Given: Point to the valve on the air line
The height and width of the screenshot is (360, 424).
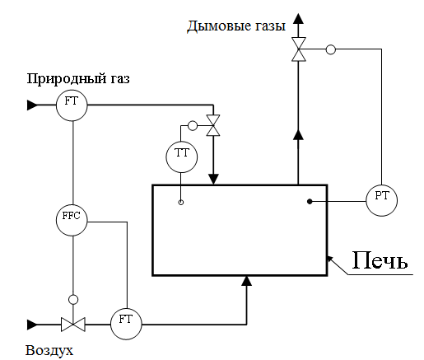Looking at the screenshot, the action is tap(73, 325).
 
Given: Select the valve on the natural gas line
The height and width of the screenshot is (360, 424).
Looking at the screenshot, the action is tap(213, 125).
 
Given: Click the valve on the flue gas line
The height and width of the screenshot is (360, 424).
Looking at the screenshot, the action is tap(299, 49).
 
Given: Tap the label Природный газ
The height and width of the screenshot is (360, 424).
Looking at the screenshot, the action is tap(78, 78).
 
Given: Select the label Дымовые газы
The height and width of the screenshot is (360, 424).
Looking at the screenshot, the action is tap(236, 26).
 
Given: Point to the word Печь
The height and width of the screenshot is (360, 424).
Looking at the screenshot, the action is tap(380, 259).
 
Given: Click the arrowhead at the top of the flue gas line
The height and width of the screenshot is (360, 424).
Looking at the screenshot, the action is tap(298, 19).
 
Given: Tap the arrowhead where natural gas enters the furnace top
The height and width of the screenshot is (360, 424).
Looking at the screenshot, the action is tap(213, 180).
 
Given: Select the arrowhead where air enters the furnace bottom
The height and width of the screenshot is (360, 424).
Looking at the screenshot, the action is tap(247, 281).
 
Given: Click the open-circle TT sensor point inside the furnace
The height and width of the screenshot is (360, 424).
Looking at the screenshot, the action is tap(181, 203).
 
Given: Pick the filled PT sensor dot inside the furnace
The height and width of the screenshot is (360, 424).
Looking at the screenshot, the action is tap(310, 202).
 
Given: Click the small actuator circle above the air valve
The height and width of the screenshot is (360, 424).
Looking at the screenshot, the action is tap(73, 300).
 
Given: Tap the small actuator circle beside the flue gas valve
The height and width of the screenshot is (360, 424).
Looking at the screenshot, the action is tap(331, 49).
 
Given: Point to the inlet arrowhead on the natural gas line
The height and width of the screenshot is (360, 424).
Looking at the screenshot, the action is tap(32, 105).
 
